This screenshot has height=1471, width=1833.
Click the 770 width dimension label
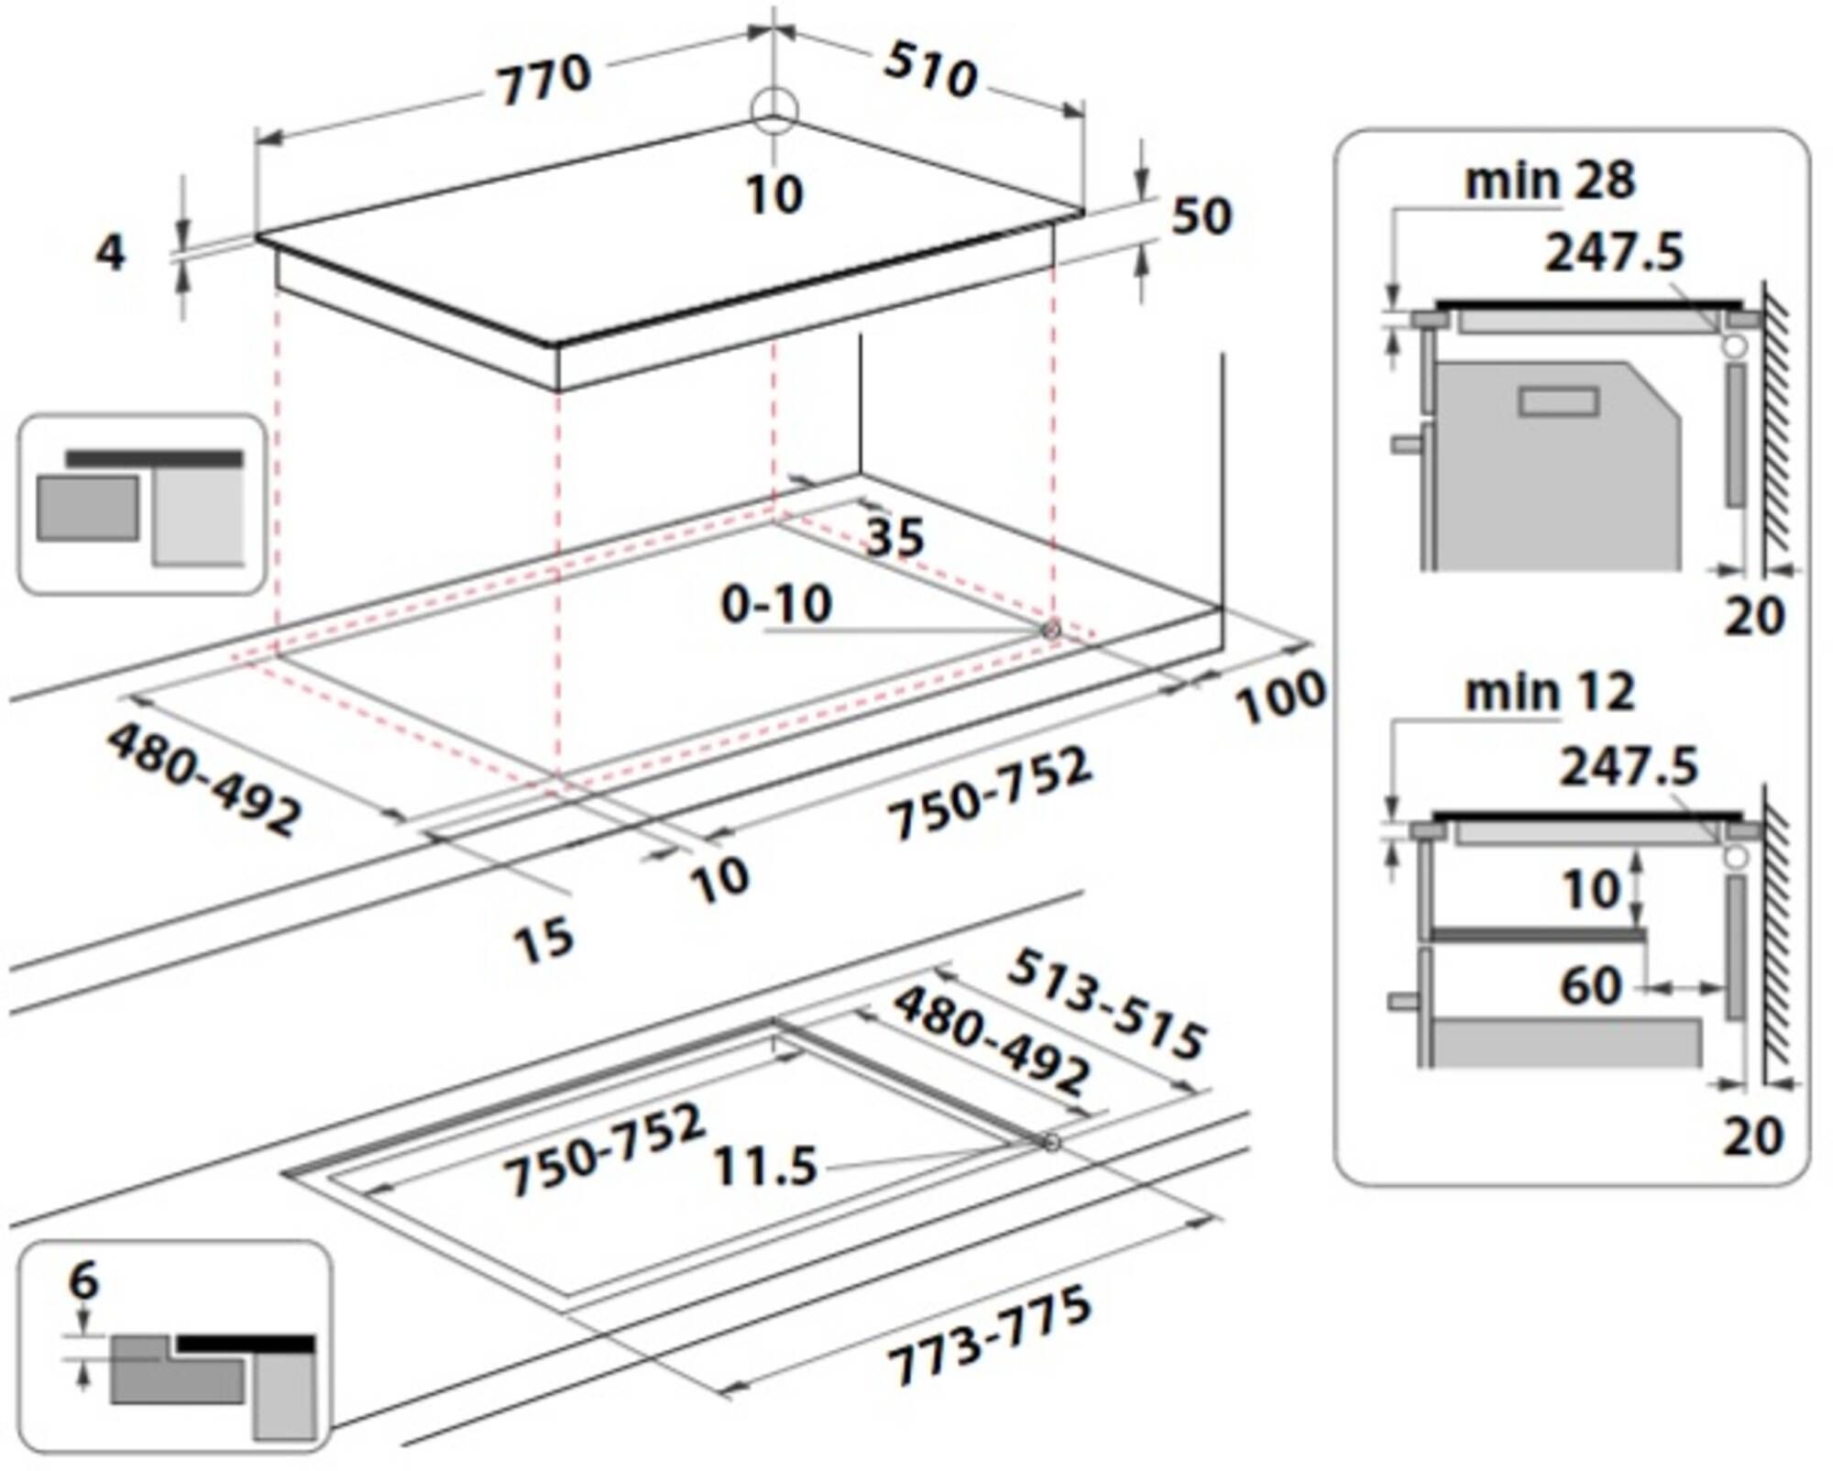point(544,79)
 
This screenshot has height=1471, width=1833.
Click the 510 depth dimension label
point(929,71)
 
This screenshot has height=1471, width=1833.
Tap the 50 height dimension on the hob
point(1202,216)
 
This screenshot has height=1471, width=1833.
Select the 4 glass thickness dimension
point(110,253)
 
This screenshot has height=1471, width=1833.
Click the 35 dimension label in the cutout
point(895,538)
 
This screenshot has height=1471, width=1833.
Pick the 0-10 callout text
point(776,605)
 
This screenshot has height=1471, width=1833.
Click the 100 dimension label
point(1280,697)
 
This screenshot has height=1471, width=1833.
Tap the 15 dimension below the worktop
point(543,939)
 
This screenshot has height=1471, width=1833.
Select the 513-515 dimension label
point(1105,1005)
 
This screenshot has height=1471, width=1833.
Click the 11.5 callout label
point(764,1167)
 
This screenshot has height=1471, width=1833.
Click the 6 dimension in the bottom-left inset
point(83,1280)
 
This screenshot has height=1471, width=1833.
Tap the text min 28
point(1549,181)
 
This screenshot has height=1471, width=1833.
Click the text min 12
point(1549,692)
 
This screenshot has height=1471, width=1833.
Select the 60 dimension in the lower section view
point(1590,986)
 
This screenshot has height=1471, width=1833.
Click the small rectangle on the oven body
point(1558,401)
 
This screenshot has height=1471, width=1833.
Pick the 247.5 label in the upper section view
point(1614,252)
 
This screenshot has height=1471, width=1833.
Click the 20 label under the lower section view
point(1753,1136)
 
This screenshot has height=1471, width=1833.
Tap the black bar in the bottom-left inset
point(246,1345)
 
